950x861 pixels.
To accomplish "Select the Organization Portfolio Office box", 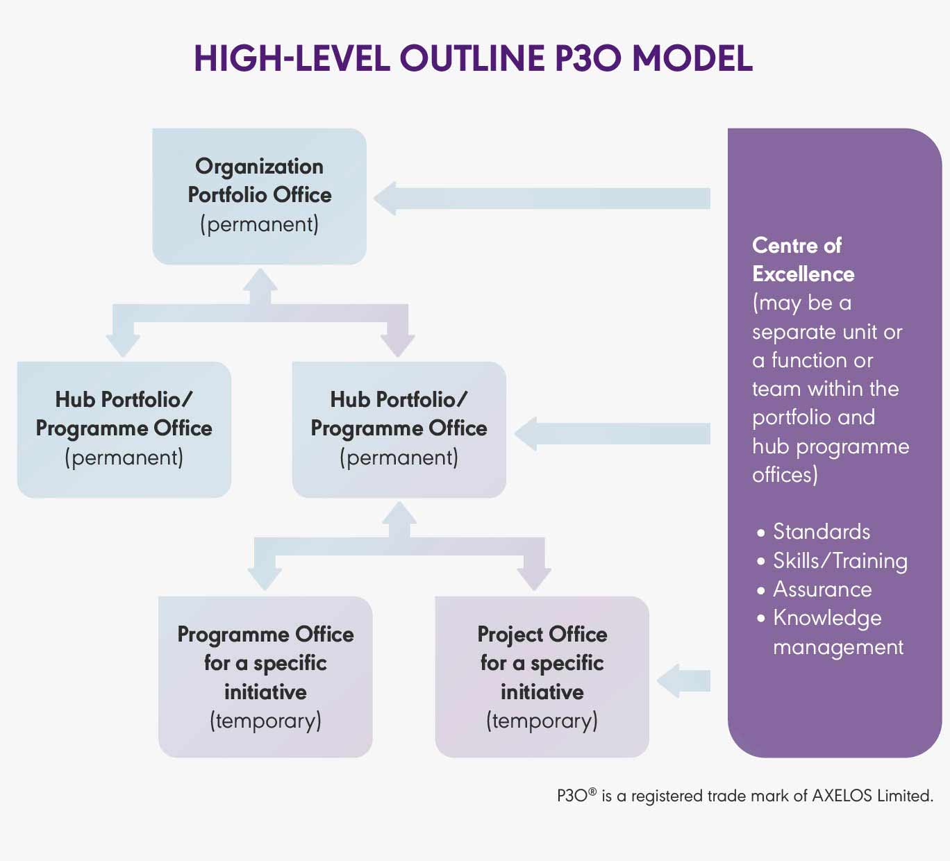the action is coord(260,196).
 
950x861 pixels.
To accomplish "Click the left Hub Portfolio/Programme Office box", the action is coord(124,430).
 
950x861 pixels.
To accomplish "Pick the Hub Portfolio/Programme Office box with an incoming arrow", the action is coord(399,430).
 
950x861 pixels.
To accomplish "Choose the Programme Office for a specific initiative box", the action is coord(265,677).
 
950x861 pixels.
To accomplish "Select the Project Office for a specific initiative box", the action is coord(542,677).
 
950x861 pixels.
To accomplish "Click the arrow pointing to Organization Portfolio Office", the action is coord(542,199).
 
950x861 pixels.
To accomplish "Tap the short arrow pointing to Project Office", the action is coord(683,681).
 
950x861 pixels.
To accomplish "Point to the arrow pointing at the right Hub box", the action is coord(612,434).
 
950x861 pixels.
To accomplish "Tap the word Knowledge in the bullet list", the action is coord(827,619).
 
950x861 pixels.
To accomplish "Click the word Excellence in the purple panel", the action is coord(803,274).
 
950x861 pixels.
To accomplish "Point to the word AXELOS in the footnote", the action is coord(842,796).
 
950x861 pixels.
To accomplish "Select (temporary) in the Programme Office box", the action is coord(265,721).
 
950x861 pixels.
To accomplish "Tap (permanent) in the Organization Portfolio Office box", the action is coord(260,224).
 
